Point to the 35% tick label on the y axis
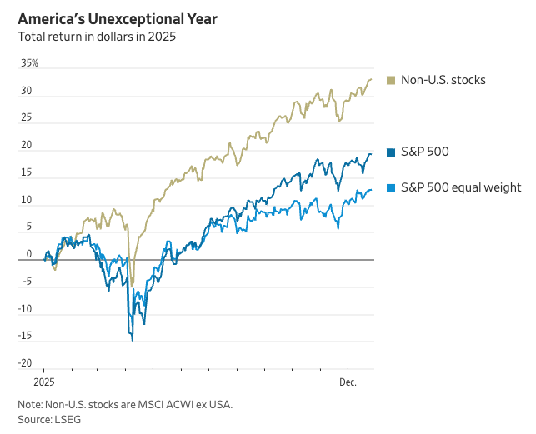[29, 63]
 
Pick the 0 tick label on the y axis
[28, 254]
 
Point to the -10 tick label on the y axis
[26, 309]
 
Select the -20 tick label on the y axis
[26, 363]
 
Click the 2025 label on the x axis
[43, 382]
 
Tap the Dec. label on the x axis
[348, 382]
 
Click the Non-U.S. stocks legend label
[443, 80]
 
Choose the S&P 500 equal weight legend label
[461, 187]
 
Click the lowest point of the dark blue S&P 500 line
[132, 340]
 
